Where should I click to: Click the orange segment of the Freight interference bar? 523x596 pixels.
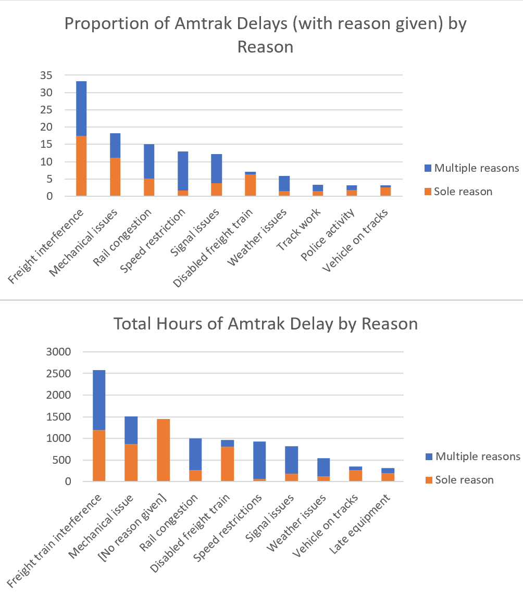81,166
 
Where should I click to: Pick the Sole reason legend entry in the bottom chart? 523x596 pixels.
464,479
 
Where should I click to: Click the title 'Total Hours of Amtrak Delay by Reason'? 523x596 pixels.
266,324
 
